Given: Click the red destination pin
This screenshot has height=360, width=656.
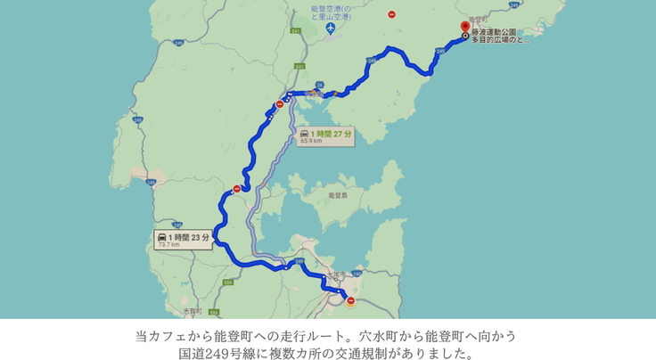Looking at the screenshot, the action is point(464,28).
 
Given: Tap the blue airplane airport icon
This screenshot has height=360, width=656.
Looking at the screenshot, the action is point(331,29).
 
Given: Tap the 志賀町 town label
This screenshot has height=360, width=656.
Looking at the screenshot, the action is point(194,311).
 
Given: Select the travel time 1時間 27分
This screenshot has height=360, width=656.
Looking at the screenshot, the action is point(332,133).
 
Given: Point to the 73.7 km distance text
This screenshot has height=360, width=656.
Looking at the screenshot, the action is point(168,245).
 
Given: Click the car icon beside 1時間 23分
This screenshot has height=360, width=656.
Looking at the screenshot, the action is point(162,237).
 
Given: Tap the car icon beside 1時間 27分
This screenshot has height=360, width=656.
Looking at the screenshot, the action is point(306,133).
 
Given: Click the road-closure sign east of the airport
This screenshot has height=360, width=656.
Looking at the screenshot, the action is point(392,14).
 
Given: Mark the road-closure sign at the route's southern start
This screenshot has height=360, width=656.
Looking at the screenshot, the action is point(350,302).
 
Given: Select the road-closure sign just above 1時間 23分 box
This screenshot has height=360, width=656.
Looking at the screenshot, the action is point(235,189).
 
